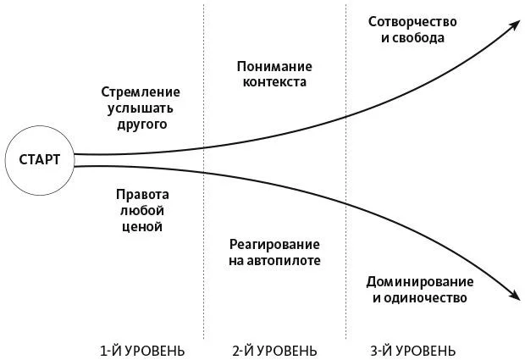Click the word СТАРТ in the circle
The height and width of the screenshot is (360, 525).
coord(40,159)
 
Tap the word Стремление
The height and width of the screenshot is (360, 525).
coord(141,91)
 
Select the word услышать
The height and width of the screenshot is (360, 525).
coord(141,108)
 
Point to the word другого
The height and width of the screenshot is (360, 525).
coord(142,125)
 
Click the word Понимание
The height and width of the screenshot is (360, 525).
coord(274,66)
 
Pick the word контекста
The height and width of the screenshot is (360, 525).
coord(274,82)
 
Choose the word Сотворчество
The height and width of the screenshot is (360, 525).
coord(412,22)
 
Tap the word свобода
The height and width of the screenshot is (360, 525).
coord(418,38)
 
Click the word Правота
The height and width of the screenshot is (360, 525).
coord(142,194)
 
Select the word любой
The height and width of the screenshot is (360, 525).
coord(142,211)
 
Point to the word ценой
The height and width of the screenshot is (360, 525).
coord(142,227)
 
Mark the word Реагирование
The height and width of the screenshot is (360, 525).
coord(274,245)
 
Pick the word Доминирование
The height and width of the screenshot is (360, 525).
coord(420,281)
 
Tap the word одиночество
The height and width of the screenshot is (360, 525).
coord(425,297)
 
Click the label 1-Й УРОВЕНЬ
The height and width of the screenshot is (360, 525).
coord(142,351)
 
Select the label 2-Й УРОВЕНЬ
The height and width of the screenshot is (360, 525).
coord(274,351)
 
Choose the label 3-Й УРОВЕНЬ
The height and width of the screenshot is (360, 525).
coord(413,351)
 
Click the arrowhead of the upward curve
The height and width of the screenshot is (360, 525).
coord(515,25)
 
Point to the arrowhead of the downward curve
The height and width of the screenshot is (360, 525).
coord(516,295)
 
